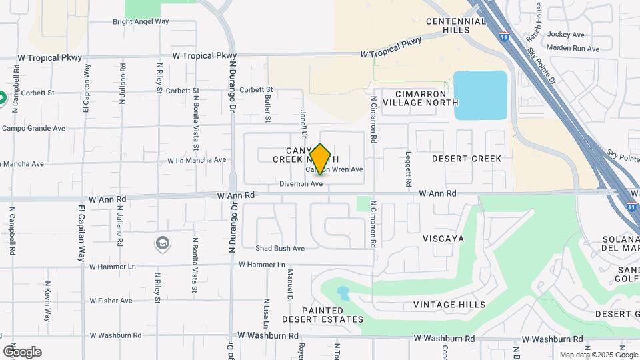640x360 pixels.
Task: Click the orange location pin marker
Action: click(321, 159)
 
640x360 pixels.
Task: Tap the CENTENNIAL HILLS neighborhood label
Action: click(456, 26)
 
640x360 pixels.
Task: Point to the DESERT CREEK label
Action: click(466, 159)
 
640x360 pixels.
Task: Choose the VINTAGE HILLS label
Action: click(449, 305)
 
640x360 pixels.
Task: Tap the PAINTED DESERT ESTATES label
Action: click(323, 315)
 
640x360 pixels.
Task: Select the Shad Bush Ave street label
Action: click(280, 249)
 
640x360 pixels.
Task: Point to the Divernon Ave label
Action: click(301, 183)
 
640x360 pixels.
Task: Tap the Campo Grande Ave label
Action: click(33, 127)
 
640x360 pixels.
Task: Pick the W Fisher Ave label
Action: click(111, 301)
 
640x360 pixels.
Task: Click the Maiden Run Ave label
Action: click(572, 48)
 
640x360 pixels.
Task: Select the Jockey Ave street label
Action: click(565, 35)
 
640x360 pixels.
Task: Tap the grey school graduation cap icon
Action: click(162, 243)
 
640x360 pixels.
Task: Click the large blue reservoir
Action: click(480, 95)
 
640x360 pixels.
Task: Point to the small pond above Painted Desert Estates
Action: click(343, 292)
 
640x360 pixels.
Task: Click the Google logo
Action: click(22, 352)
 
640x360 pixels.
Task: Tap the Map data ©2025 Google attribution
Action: click(598, 355)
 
